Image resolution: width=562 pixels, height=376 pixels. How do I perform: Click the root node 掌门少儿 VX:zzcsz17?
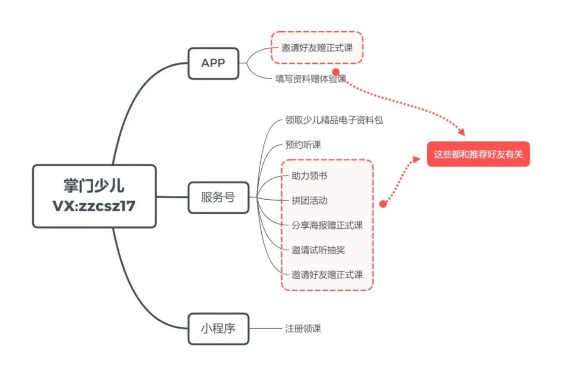(94, 196)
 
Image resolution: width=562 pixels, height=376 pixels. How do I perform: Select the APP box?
(213, 63)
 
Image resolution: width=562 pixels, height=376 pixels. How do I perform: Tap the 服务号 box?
(218, 197)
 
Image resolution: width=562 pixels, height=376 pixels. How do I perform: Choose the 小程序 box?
(218, 329)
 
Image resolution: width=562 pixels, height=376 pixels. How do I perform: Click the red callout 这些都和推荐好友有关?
(478, 154)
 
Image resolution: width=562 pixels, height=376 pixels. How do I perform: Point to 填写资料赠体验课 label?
(311, 79)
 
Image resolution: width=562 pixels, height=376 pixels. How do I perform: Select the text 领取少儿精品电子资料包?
(334, 120)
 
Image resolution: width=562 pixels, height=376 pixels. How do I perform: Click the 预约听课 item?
(303, 145)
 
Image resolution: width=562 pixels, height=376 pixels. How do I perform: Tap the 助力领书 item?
(309, 176)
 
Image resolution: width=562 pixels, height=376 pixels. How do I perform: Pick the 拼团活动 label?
(309, 200)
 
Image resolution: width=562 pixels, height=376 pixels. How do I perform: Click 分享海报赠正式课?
(327, 225)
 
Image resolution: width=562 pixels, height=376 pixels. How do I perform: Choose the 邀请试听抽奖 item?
(318, 250)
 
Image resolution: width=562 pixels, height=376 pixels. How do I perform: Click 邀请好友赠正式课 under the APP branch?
(317, 48)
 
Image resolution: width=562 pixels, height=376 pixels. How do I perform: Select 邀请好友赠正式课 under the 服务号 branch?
(327, 275)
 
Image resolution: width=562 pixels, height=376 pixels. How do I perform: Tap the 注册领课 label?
(303, 329)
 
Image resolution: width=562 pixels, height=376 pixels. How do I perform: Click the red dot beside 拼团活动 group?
(383, 204)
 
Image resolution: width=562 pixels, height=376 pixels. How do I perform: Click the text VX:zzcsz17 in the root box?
(94, 206)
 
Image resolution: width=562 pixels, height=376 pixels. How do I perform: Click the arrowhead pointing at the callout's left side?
(419, 158)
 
